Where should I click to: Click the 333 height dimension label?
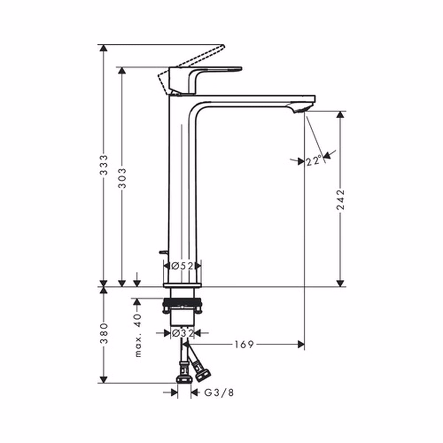point(104,165)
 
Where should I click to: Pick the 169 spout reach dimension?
point(244,344)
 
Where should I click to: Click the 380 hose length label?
point(104,333)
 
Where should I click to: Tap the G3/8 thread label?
point(219,393)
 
